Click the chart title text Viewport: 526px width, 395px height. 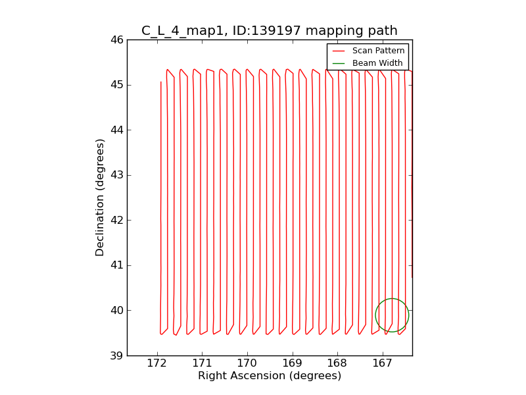(x=270, y=30)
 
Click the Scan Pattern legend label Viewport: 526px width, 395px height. (x=378, y=51)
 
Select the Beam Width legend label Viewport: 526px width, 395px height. (x=377, y=63)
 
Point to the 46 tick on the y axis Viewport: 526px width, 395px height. (x=117, y=40)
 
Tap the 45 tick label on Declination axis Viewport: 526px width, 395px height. (x=117, y=85)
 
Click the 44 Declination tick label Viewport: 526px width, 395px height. (x=117, y=130)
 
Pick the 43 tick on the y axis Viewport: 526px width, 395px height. (x=117, y=175)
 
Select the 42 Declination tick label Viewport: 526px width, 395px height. (x=117, y=221)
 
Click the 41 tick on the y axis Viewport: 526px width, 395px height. (x=117, y=265)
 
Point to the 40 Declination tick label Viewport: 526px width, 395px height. (x=117, y=311)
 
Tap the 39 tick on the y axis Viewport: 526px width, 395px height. (x=117, y=356)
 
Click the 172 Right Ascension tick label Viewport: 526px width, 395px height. (x=156, y=363)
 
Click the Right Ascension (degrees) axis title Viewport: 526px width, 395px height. (x=270, y=376)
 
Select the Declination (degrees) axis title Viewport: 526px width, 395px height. (x=101, y=197)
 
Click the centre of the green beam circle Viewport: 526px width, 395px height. (x=392, y=315)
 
